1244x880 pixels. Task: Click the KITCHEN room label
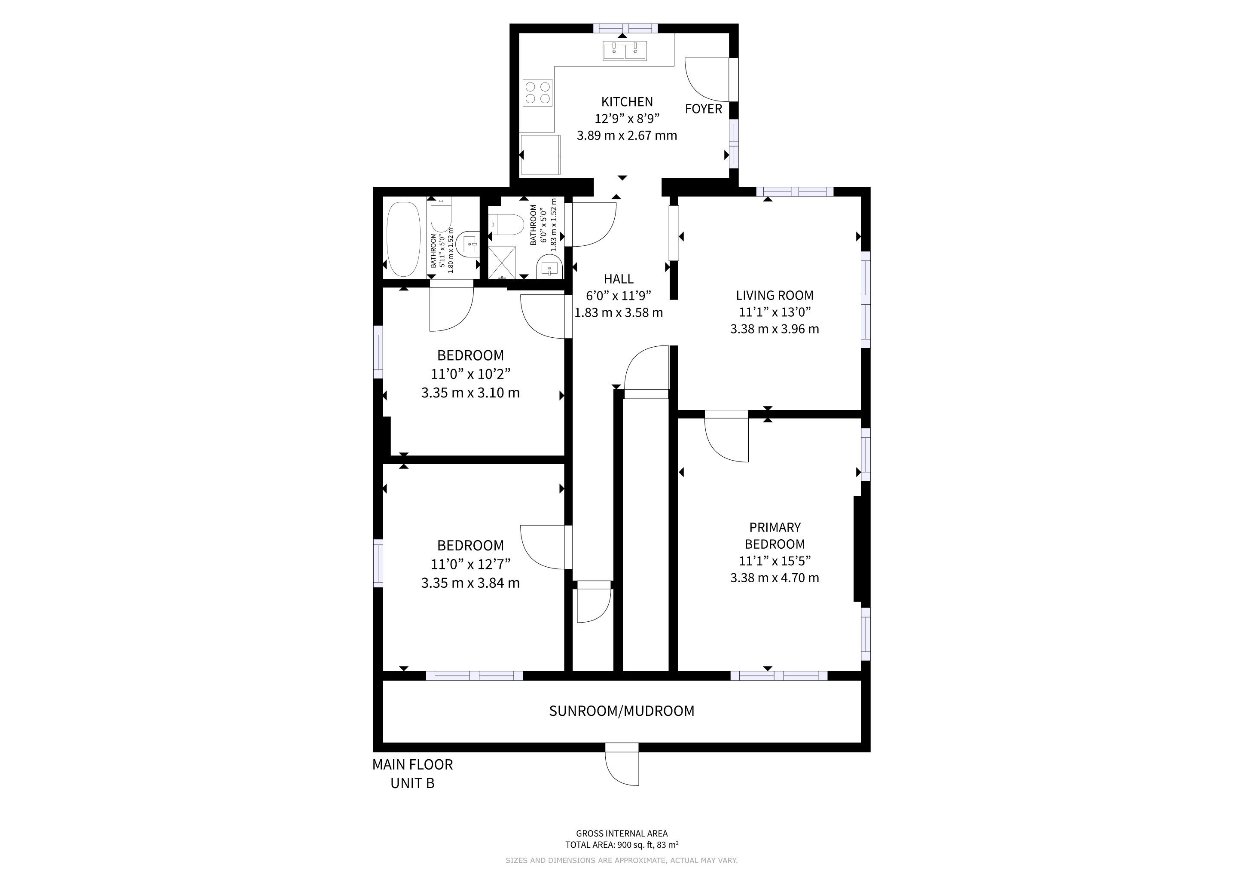(627, 102)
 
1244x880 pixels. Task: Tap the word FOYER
(703, 109)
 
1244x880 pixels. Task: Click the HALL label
(618, 279)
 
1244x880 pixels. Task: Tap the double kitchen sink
(625, 51)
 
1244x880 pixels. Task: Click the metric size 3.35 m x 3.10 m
(470, 393)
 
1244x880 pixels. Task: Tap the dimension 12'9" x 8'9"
(627, 119)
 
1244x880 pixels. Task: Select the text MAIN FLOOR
(412, 764)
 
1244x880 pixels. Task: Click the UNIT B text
(412, 783)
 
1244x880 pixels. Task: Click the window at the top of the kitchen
(625, 28)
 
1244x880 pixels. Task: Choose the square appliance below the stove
(540, 155)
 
